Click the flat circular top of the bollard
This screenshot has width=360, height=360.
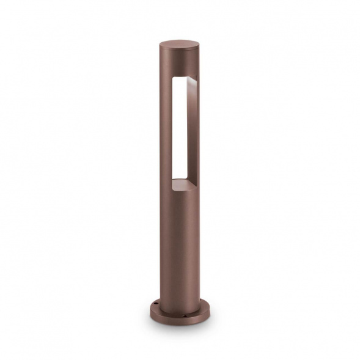pyautogui.click(x=179, y=45)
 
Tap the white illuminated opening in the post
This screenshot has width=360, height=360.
pyautogui.click(x=178, y=128)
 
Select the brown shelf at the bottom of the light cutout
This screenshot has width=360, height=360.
pyautogui.click(x=183, y=183)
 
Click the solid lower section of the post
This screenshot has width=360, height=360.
pyautogui.click(x=178, y=244)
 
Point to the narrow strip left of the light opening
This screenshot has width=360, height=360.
pyautogui.click(x=166, y=128)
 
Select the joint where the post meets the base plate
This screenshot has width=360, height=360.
pyautogui.click(x=178, y=301)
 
